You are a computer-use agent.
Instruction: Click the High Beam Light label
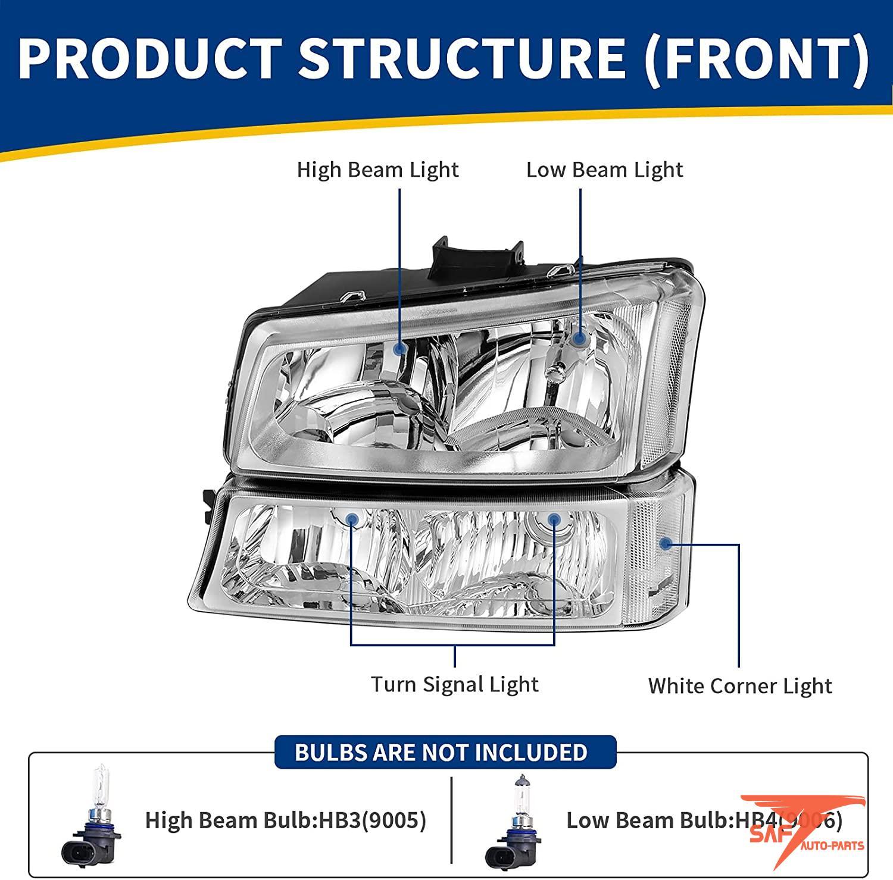[x=377, y=170]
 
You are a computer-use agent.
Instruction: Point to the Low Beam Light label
[x=604, y=170]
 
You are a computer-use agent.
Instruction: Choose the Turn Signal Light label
[x=455, y=684]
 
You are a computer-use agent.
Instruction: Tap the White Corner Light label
[x=739, y=686]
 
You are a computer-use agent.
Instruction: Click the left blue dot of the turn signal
[x=352, y=519]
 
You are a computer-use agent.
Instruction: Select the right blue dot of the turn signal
[x=554, y=519]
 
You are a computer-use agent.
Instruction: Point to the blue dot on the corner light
[x=666, y=543]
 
